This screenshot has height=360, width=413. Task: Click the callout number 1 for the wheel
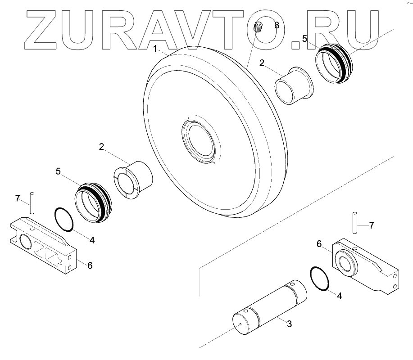click(154, 49)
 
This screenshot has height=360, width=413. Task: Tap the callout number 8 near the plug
click(276, 26)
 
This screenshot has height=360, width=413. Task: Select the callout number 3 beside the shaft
click(290, 324)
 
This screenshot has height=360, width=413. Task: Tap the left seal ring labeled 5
click(92, 203)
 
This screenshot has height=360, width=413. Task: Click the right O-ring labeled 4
click(320, 279)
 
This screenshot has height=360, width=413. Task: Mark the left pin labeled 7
click(32, 203)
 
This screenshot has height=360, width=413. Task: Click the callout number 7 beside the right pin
click(371, 225)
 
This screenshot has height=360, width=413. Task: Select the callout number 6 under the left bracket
click(90, 265)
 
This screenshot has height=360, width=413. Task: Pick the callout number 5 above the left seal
click(59, 171)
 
